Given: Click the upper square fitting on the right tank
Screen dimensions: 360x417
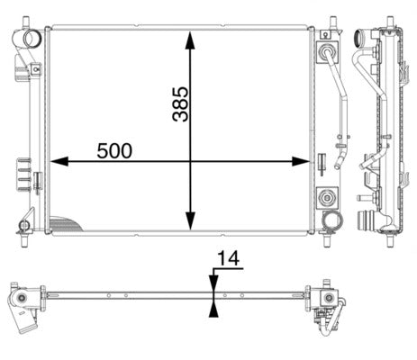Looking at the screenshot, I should [326, 52].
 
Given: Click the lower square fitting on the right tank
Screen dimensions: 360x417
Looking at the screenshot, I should [326, 195].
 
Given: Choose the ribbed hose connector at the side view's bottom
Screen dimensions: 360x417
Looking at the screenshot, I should [367, 220].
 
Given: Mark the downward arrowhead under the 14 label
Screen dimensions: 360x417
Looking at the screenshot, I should [213, 281].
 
